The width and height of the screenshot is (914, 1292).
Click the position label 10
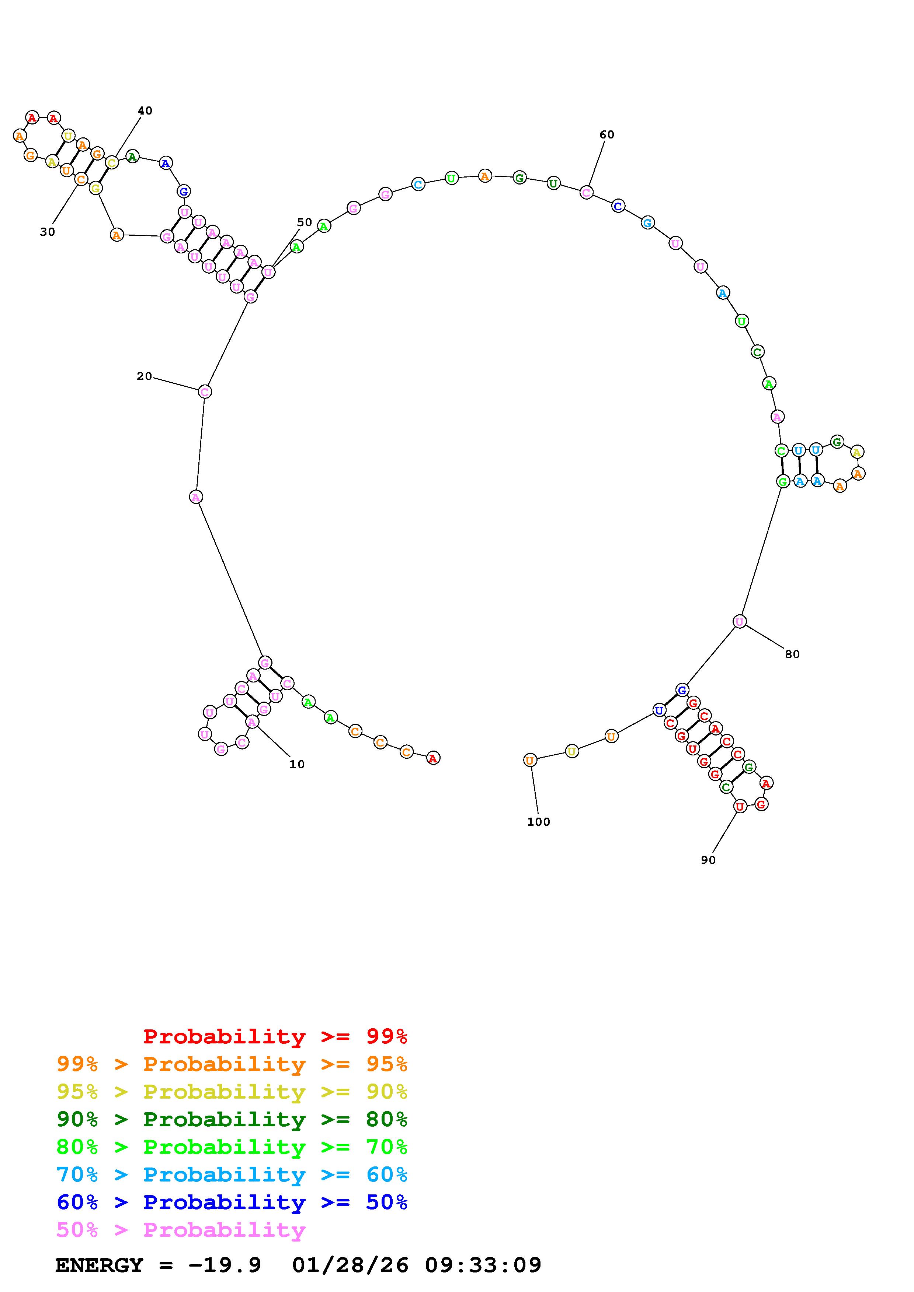point(297,764)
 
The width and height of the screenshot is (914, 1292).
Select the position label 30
point(47,231)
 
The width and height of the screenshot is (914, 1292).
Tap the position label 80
point(792,654)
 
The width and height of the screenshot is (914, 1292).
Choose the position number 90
point(708,860)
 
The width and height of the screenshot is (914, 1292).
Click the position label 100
point(538,822)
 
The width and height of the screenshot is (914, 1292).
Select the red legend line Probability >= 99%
point(275,1036)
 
